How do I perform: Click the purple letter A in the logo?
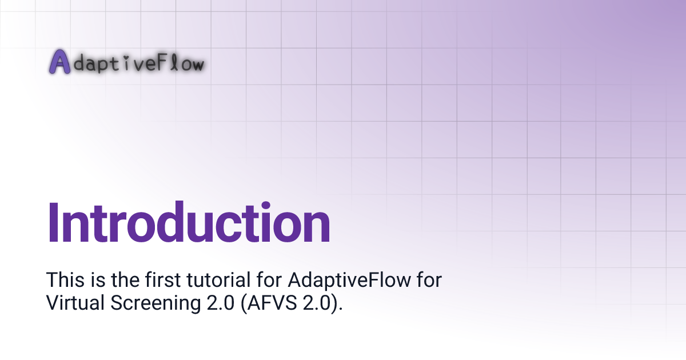click(x=59, y=62)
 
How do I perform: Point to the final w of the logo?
click(x=195, y=65)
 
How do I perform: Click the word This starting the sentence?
click(x=62, y=281)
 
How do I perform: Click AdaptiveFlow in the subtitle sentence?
click(x=343, y=281)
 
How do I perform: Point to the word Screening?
click(x=153, y=303)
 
